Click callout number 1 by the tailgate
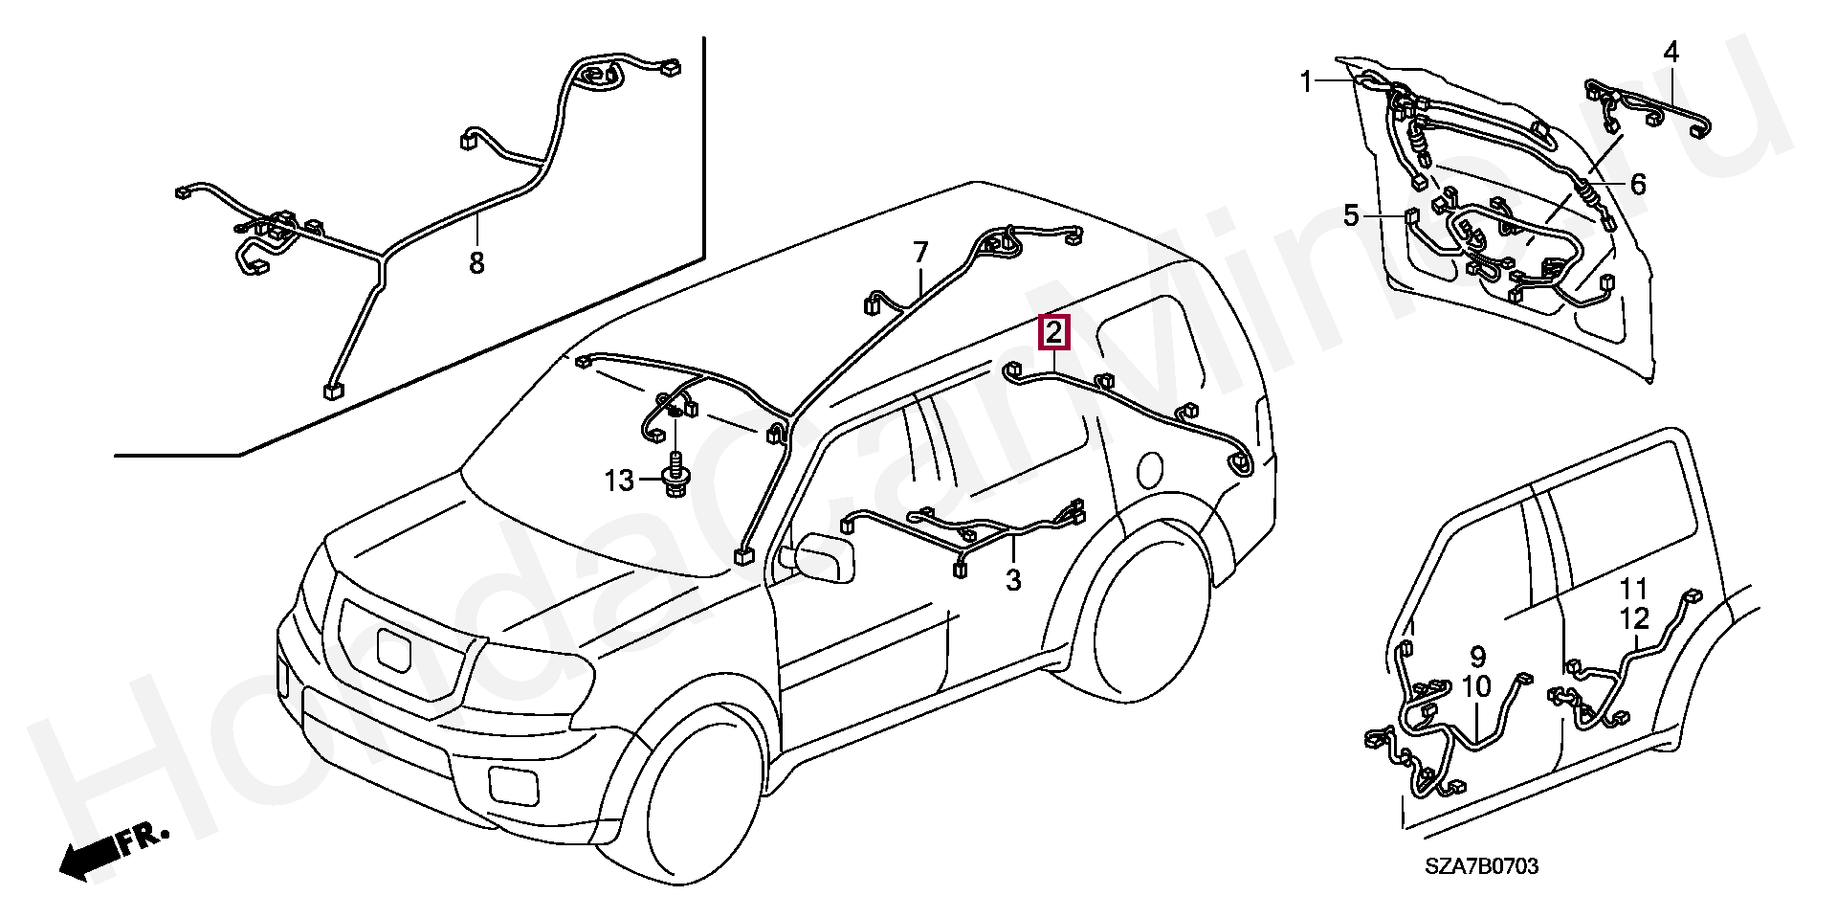tap(1307, 82)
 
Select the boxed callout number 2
tap(1053, 333)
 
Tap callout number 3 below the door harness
tap(1013, 579)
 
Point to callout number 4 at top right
tap(1671, 52)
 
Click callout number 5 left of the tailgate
tap(1350, 216)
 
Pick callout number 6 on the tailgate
tap(1637, 184)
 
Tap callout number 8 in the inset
tap(476, 261)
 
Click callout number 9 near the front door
tap(1477, 657)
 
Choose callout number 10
tap(1476, 687)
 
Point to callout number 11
tap(1634, 588)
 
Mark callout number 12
tap(1634, 617)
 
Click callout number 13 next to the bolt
tap(619, 481)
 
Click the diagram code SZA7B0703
tap(1481, 866)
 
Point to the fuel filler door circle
tap(1151, 468)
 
